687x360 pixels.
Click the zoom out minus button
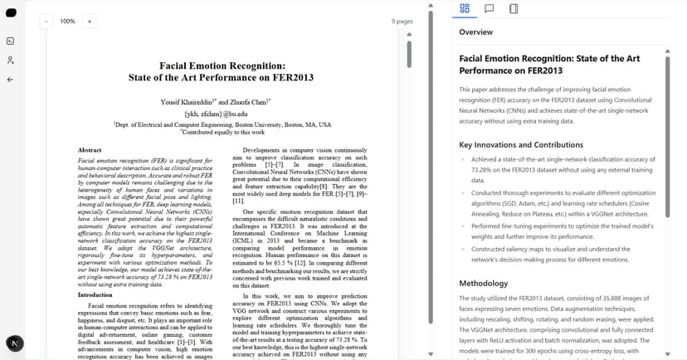(x=46, y=21)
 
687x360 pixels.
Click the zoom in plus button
(x=89, y=21)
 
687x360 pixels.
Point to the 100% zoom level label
(x=67, y=21)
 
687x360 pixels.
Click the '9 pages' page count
(x=402, y=21)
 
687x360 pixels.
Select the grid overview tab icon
(x=465, y=9)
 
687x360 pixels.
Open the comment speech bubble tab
(x=490, y=9)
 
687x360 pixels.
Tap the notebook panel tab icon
(x=514, y=9)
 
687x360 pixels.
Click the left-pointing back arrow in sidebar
(x=10, y=80)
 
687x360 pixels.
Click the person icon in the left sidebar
(x=10, y=60)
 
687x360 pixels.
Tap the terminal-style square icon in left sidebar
(x=10, y=41)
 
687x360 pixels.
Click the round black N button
(x=15, y=343)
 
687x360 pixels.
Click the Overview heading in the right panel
(x=475, y=32)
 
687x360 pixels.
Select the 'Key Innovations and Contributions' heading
(x=521, y=144)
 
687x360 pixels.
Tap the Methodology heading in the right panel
(x=484, y=283)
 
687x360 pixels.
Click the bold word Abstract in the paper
(x=90, y=150)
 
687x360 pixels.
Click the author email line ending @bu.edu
(x=216, y=113)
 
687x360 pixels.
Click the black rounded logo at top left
(x=10, y=15)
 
